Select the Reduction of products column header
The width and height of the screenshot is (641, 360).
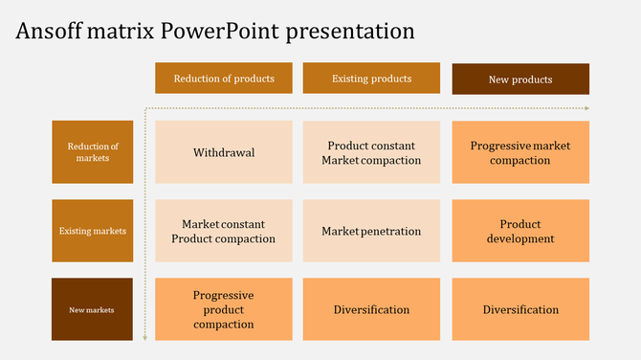(x=223, y=79)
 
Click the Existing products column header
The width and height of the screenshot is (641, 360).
(x=371, y=79)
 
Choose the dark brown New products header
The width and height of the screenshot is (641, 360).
(x=520, y=79)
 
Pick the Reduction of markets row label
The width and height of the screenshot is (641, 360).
(x=93, y=152)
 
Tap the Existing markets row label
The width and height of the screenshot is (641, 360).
(x=93, y=231)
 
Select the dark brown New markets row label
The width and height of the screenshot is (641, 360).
(x=93, y=309)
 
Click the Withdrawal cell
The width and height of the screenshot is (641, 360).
(x=223, y=152)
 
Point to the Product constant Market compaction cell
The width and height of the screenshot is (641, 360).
(x=371, y=152)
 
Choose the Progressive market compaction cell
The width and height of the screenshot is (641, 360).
(x=520, y=152)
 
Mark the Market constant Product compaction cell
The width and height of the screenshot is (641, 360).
(x=223, y=231)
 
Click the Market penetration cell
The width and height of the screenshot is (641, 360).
(x=371, y=231)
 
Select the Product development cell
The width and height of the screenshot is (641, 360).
(x=520, y=231)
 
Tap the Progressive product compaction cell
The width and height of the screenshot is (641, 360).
(x=223, y=309)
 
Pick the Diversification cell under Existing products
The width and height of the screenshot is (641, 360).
(x=371, y=309)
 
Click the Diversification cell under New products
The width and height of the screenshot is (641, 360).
(x=520, y=309)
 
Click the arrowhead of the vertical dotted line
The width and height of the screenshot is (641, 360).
(x=144, y=337)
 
